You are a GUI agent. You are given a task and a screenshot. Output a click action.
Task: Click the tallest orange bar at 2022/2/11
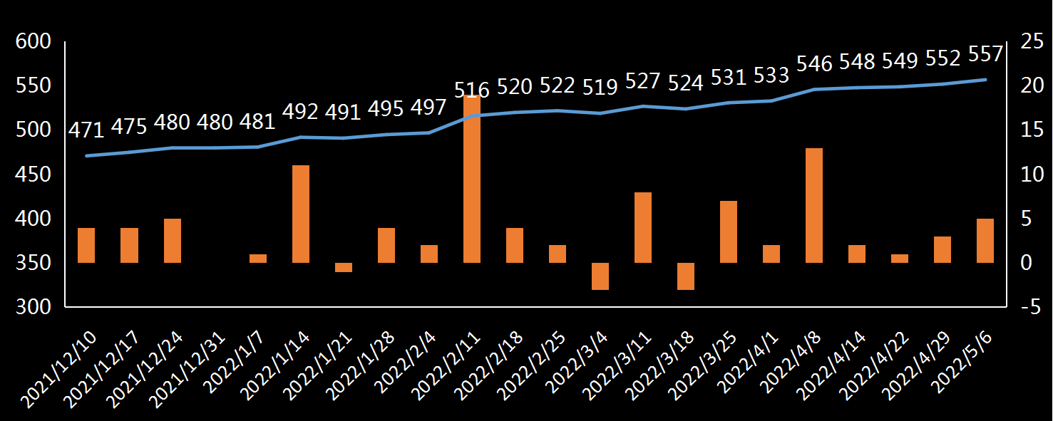pyautogui.click(x=472, y=178)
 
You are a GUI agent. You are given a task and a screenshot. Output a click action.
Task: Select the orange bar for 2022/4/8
pyautogui.click(x=814, y=205)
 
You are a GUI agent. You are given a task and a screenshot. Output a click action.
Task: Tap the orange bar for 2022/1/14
pyautogui.click(x=301, y=214)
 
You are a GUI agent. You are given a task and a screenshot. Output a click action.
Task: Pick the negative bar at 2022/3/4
pyautogui.click(x=600, y=276)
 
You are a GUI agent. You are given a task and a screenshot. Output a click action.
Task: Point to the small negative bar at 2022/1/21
pyautogui.click(x=344, y=267)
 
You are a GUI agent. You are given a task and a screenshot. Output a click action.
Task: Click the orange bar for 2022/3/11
pyautogui.click(x=643, y=227)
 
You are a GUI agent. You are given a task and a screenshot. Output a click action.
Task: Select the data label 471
pyautogui.click(x=86, y=130)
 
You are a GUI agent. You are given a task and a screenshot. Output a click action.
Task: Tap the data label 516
pyautogui.click(x=472, y=90)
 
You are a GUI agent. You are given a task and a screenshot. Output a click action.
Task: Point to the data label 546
pyautogui.click(x=814, y=64)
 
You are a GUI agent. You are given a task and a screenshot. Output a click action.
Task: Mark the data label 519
pyautogui.click(x=600, y=88)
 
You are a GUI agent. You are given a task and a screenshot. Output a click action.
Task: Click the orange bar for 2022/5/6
pyautogui.click(x=985, y=241)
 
